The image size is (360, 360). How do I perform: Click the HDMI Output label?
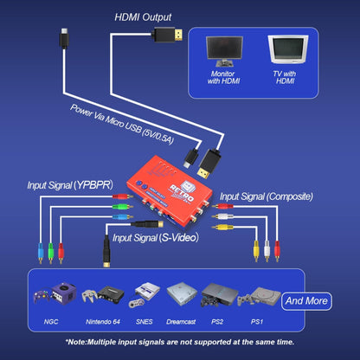144,16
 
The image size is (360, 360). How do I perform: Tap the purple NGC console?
53,293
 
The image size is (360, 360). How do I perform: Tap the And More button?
306,301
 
